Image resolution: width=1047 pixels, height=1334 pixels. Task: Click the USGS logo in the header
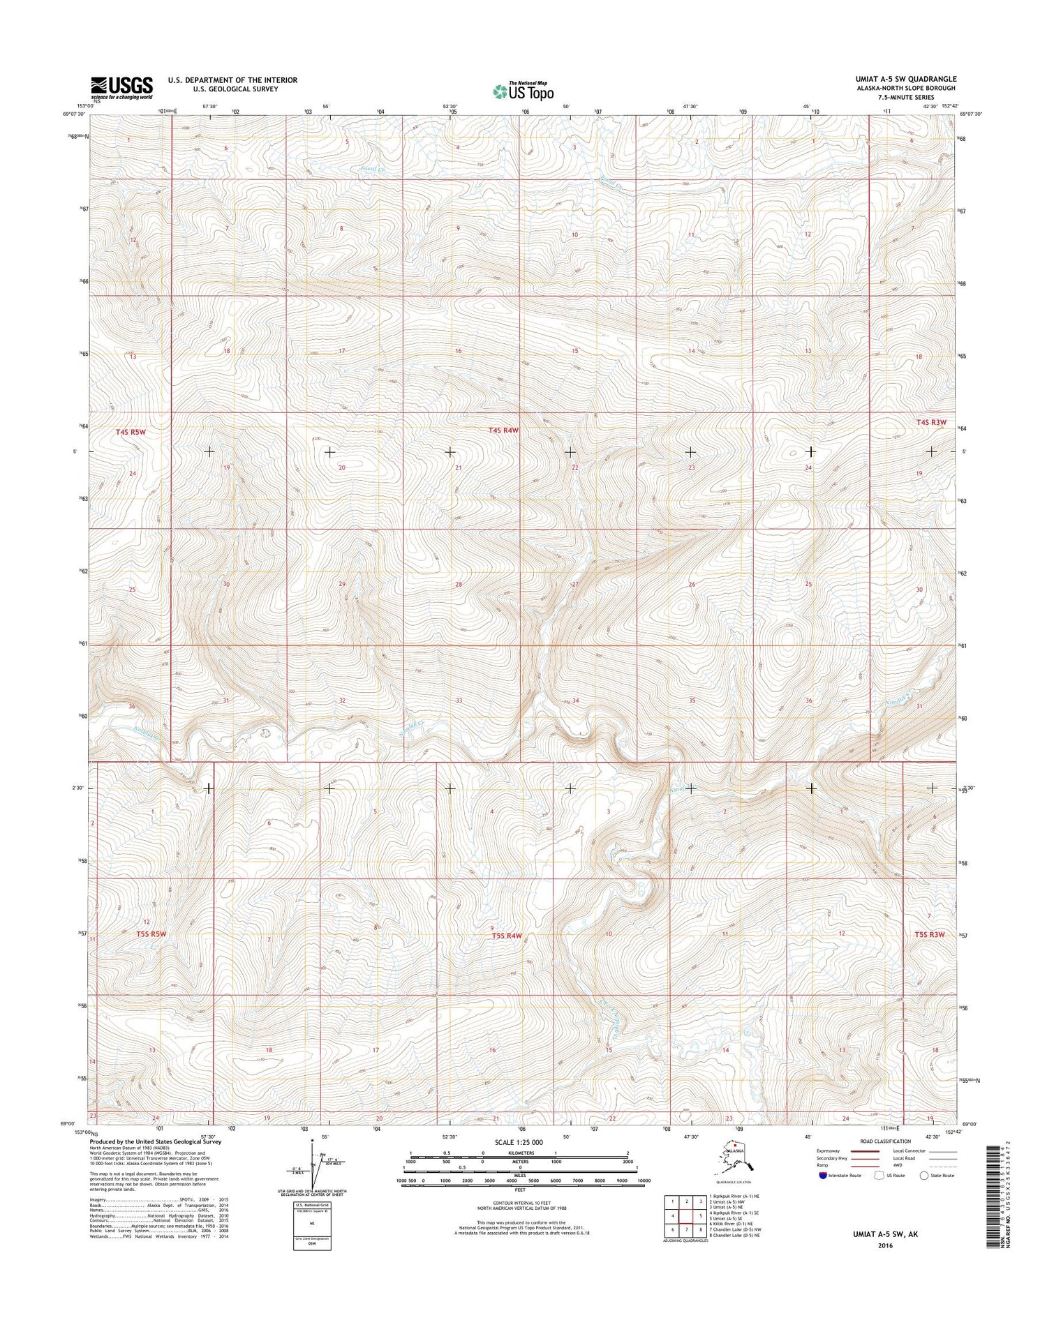click(x=121, y=87)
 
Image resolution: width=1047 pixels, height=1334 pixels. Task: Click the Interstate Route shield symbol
click(x=824, y=1176)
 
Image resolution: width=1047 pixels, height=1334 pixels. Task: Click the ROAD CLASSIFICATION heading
click(x=885, y=1141)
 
